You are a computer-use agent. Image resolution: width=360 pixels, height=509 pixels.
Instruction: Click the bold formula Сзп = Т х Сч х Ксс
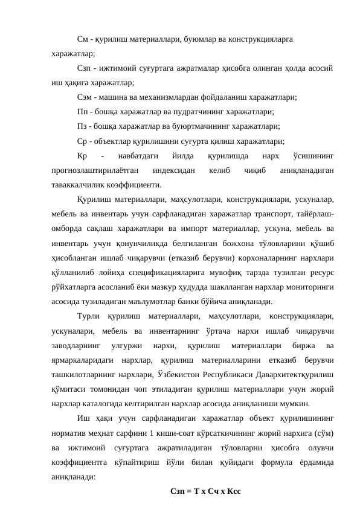point(206,491)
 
